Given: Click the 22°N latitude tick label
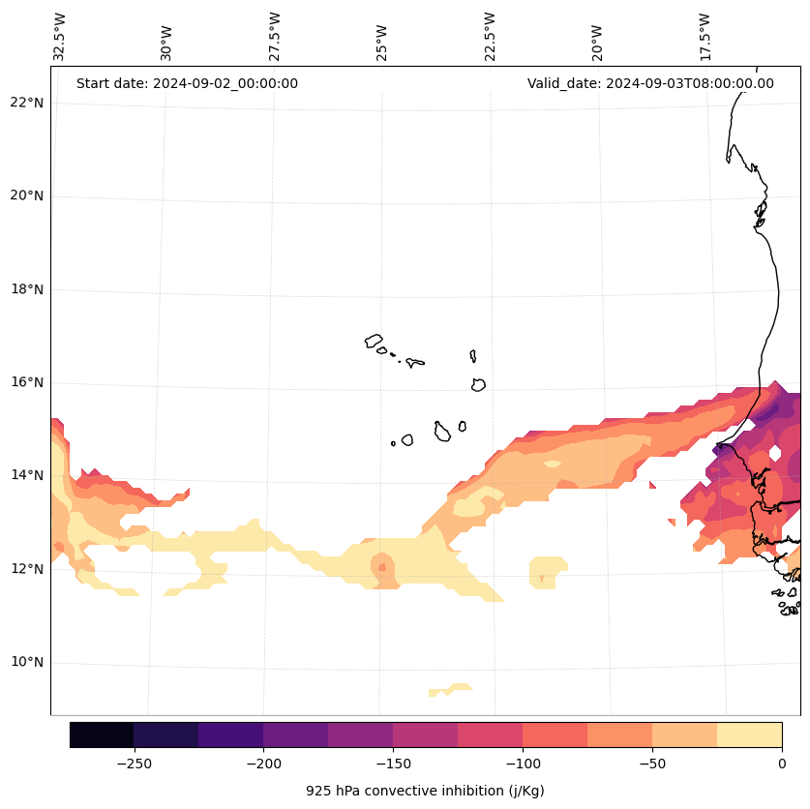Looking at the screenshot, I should coord(24,103).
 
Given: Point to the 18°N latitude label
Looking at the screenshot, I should coord(24,289).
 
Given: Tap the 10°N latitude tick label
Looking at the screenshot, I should coord(24,663).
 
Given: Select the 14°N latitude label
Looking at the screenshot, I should coord(24,475).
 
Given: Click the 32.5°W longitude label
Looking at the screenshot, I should coord(60,37).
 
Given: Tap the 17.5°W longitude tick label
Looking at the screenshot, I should coord(705,37).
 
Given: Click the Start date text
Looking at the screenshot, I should coord(187,83).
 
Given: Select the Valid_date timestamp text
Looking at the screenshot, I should coord(650,83).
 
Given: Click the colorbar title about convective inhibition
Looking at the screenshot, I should coord(425,791).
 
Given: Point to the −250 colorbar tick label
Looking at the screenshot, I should coord(134,764).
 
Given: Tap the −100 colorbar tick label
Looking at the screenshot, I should coord(523,764).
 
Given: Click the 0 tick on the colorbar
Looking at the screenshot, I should coord(782,764).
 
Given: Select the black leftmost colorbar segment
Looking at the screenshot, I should coord(102,734).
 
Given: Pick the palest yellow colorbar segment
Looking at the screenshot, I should coord(749,734).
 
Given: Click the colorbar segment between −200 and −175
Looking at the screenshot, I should coord(295,734).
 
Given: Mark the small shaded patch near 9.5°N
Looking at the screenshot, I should coord(450,690).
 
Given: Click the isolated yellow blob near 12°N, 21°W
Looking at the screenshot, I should coord(549,571).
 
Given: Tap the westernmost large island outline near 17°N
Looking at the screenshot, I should coord(374,341).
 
